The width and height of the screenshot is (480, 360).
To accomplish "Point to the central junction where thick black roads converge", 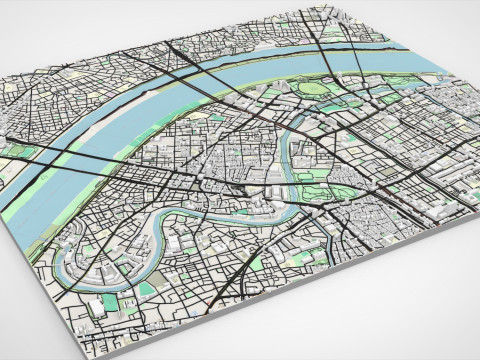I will tap(240, 186).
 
